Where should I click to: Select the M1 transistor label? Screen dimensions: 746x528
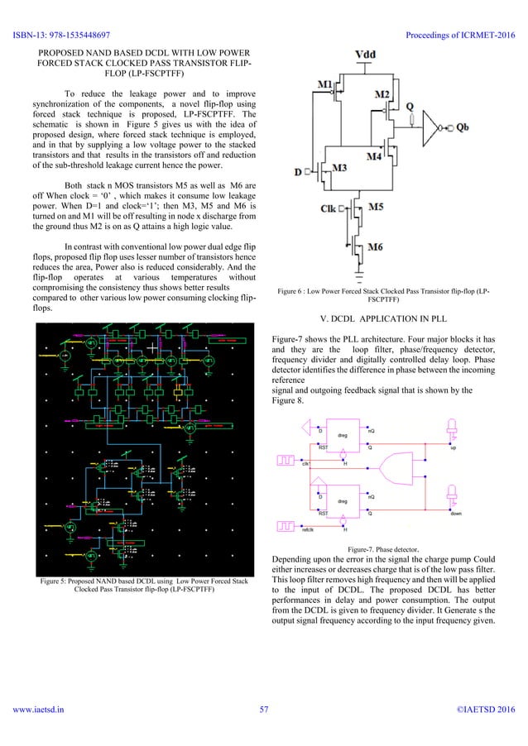(x=327, y=85)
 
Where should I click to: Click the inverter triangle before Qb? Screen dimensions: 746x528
(x=432, y=128)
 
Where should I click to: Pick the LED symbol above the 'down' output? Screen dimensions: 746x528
(x=453, y=495)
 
